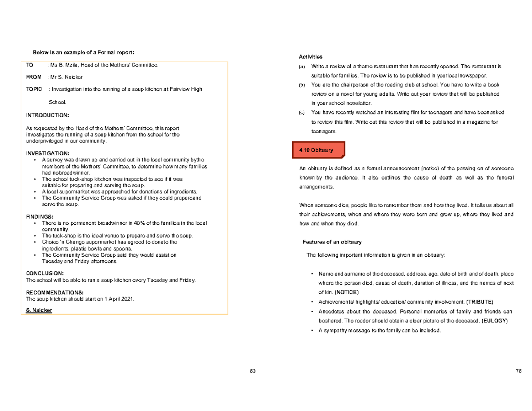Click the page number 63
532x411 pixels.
click(253, 371)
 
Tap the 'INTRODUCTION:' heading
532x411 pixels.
click(48, 115)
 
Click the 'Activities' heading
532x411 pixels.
click(311, 57)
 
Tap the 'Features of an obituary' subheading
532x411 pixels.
click(332, 242)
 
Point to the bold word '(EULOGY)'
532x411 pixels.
click(495, 321)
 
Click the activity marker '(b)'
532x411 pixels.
click(302, 85)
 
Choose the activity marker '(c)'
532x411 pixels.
click(302, 113)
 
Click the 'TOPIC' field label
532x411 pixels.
click(34, 89)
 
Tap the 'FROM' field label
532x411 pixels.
click(34, 77)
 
